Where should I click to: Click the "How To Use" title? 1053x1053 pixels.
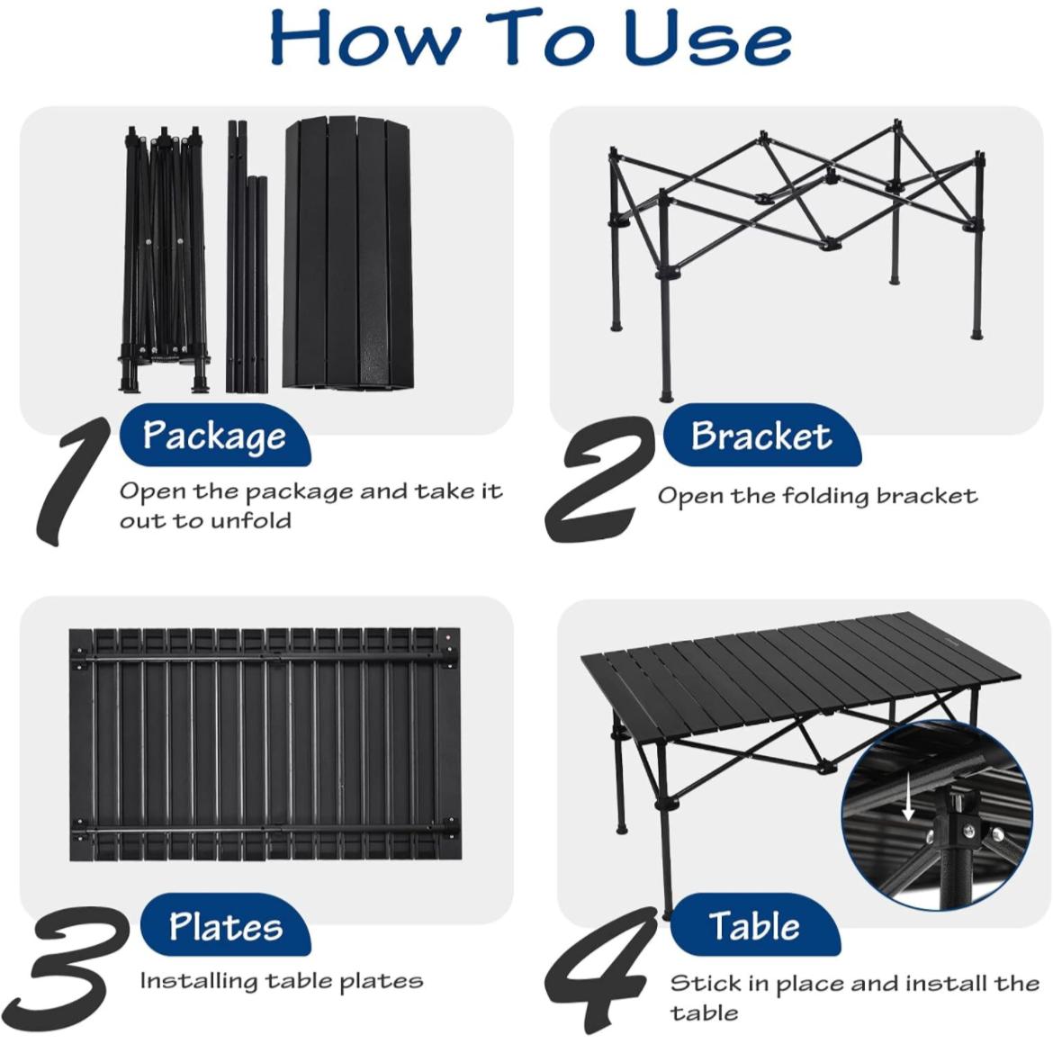(x=530, y=39)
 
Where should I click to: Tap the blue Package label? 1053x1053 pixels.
(x=215, y=436)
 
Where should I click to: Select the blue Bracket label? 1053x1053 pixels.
(x=762, y=436)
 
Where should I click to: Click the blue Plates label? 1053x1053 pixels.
(x=226, y=925)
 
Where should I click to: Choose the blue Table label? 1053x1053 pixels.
(x=755, y=925)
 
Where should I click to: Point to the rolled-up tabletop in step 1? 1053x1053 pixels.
(x=348, y=253)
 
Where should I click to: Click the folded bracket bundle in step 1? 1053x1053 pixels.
(x=164, y=258)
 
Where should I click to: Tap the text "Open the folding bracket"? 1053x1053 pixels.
(x=817, y=497)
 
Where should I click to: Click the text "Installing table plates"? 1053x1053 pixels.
(x=282, y=981)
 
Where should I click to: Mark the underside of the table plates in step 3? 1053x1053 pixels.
(x=265, y=745)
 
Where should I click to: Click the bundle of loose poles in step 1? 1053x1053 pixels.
(x=247, y=256)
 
